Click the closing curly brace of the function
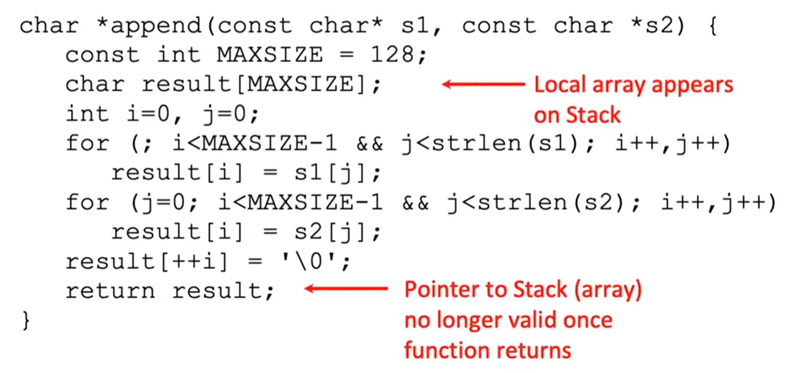tap(26, 320)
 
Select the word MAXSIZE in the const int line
tap(270, 55)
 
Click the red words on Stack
tap(577, 115)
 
